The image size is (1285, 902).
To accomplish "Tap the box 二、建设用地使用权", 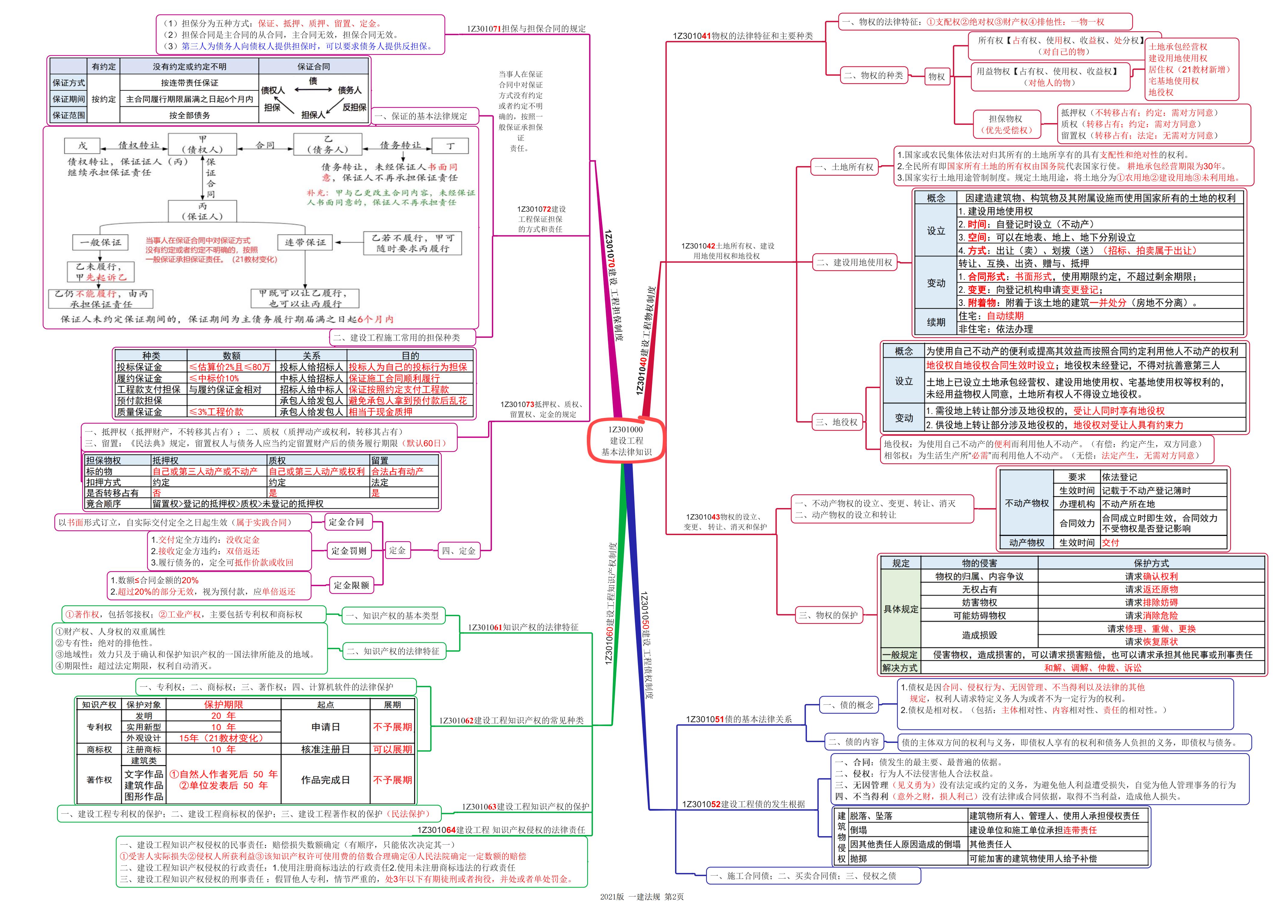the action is click(855, 262).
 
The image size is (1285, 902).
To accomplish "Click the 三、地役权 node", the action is click(837, 422).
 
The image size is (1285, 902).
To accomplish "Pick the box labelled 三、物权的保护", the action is click(828, 615).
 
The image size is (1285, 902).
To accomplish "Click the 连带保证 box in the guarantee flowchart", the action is click(305, 242).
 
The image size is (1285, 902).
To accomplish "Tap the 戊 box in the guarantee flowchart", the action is click(82, 146).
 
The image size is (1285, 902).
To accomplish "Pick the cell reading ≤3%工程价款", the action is click(216, 412).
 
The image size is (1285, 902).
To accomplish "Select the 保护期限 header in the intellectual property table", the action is click(223, 704).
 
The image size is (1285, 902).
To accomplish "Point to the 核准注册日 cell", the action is click(325, 749).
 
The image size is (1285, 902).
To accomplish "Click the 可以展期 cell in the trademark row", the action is click(392, 749).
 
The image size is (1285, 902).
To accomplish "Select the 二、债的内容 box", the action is click(853, 742).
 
